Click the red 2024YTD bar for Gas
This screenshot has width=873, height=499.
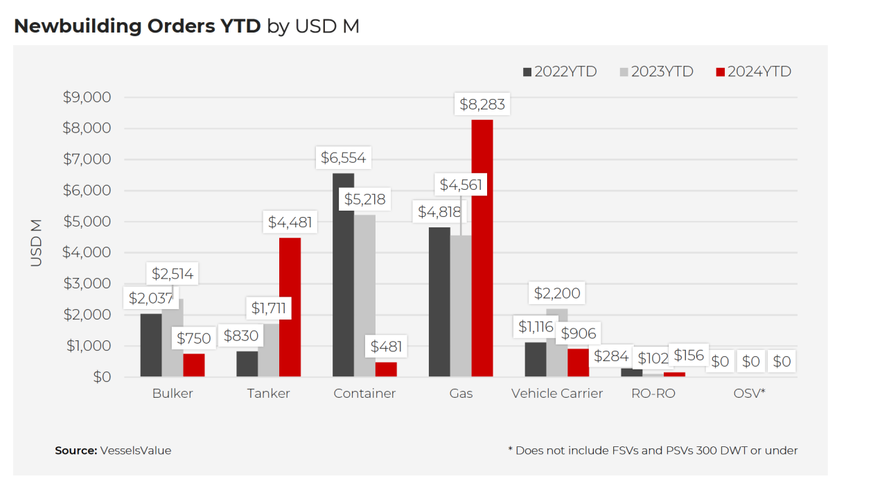(x=482, y=249)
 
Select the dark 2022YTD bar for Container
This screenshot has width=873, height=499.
(x=343, y=277)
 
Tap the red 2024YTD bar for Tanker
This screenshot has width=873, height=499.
(x=290, y=308)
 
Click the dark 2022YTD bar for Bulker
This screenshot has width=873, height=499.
(x=150, y=347)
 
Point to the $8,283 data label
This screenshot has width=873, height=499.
(x=482, y=105)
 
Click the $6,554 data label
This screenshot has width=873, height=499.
(x=343, y=158)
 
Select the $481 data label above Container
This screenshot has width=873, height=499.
(x=385, y=346)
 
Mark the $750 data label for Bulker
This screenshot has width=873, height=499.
(x=193, y=339)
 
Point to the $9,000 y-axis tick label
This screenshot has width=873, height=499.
(x=87, y=97)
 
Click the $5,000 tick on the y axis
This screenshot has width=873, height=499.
(x=87, y=222)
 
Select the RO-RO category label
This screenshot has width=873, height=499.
(x=653, y=394)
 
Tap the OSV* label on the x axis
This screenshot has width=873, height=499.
(x=749, y=394)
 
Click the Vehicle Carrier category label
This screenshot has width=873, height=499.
(x=557, y=394)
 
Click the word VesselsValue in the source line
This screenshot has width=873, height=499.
(x=136, y=450)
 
